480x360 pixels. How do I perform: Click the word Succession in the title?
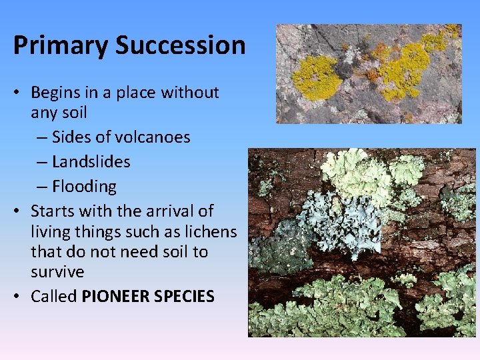(x=180, y=45)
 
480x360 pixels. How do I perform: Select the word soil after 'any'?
(x=73, y=113)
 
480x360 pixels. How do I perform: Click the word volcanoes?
(x=153, y=137)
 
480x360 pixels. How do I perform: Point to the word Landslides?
(x=91, y=162)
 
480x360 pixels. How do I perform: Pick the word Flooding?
(x=84, y=187)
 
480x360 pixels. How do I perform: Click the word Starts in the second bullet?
(x=51, y=211)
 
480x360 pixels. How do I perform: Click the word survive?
(x=57, y=273)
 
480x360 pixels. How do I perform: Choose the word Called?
(x=54, y=297)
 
